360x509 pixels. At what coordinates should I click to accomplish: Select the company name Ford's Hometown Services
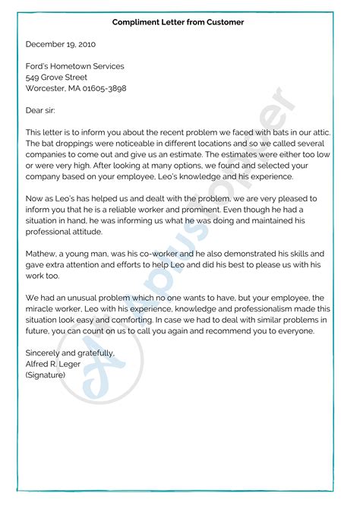click(74, 67)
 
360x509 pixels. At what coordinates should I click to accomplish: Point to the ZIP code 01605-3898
click(106, 88)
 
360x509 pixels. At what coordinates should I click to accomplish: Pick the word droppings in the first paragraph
click(79, 143)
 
